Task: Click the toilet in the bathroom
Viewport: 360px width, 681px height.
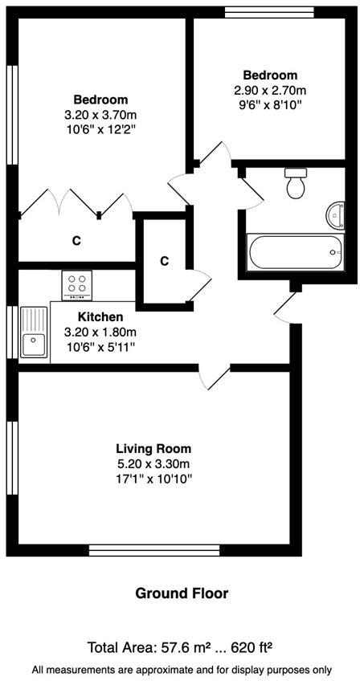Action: (296, 183)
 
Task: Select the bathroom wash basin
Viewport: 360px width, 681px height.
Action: (333, 214)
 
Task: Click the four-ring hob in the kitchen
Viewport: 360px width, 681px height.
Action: (78, 284)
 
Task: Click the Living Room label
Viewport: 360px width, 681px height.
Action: (153, 448)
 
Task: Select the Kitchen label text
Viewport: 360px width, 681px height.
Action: (100, 317)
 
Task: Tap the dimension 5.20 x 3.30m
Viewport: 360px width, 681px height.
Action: (153, 463)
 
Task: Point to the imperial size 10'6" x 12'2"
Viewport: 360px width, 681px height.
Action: (100, 130)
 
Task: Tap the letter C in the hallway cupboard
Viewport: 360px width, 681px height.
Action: (164, 261)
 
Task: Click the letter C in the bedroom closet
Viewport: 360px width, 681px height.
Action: (76, 240)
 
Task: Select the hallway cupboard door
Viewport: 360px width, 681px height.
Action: (198, 288)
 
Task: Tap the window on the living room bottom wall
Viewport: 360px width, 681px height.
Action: (153, 550)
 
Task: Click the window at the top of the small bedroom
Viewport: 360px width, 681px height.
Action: (268, 11)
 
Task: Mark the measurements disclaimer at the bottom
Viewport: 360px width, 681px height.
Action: (180, 668)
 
